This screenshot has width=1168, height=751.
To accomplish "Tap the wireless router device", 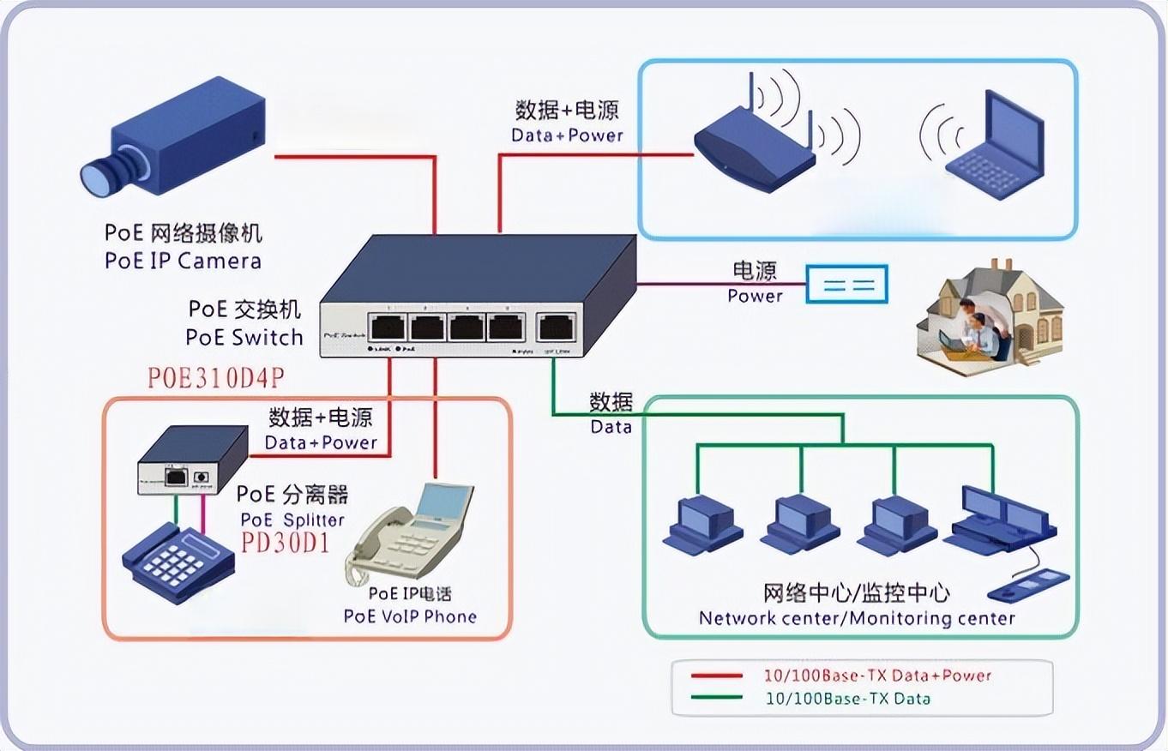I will coord(753,150).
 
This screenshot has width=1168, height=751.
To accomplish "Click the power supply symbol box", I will coord(846,285).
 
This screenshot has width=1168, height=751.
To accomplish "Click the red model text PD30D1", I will coord(286,544).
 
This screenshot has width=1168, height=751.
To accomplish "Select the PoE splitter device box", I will coord(192,463).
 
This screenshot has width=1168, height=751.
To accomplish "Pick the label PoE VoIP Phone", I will coord(410,616).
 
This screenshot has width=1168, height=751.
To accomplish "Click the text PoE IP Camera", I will coord(183,261).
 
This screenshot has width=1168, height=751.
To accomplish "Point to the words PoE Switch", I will coord(244,337).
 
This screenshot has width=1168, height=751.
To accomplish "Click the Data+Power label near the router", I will coord(567,135).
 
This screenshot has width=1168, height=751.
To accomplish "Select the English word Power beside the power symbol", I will coord(755,296).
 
